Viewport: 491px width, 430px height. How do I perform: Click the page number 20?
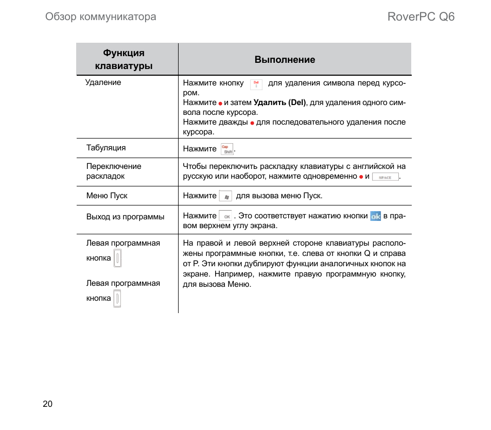pos(48,404)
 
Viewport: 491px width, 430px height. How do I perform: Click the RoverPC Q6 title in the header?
pos(421,16)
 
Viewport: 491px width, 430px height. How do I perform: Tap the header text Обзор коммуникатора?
pos(101,17)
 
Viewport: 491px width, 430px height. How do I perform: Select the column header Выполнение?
pos(285,60)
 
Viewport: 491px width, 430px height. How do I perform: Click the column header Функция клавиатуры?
pos(124,60)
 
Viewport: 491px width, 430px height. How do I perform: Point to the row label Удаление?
pos(103,82)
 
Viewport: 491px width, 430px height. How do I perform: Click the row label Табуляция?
pos(106,148)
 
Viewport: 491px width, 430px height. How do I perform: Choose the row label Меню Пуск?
pos(107,196)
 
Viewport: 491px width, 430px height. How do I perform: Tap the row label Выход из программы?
pos(126,217)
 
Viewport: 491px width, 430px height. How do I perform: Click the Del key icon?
pos(256,84)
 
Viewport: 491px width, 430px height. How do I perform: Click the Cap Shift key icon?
pos(227,149)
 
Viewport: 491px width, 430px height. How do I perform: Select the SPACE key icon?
pos(385,177)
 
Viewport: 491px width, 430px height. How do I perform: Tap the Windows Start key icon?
pos(225,196)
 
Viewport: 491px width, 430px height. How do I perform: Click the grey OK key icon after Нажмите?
pos(225,216)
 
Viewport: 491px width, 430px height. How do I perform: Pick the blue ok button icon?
pos(376,216)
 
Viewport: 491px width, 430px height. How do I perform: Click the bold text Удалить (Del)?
pos(280,102)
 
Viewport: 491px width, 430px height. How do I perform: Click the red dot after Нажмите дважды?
pos(252,123)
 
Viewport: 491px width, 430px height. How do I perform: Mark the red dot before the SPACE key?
pos(361,177)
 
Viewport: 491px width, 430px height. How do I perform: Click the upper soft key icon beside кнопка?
pos(117,258)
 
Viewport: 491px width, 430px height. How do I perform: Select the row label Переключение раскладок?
pos(114,171)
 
